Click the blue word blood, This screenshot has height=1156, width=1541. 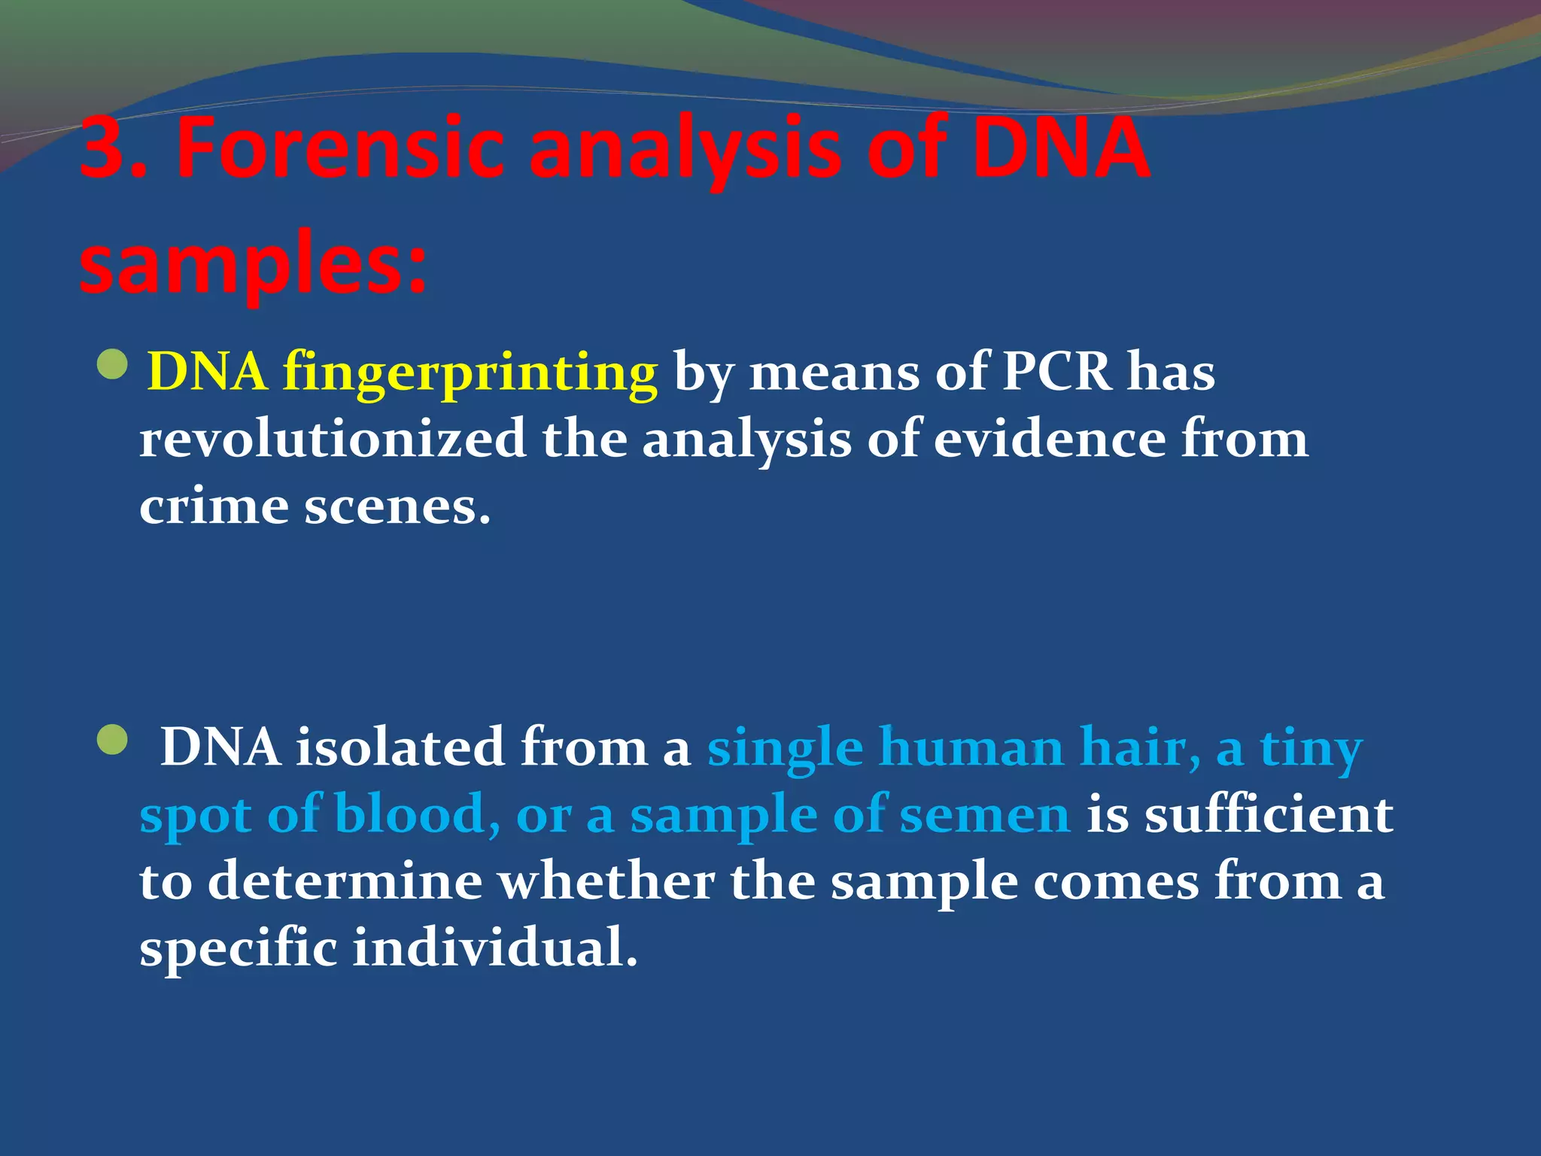418,814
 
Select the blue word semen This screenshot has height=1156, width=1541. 985,815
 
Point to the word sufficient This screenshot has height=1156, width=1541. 1269,814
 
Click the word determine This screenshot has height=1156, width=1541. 345,881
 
